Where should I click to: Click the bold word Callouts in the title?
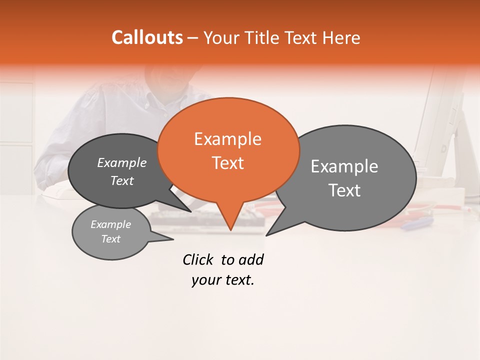click(147, 37)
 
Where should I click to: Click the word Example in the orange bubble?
click(227, 139)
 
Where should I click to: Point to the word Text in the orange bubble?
click(227, 163)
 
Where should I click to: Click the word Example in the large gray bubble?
click(344, 166)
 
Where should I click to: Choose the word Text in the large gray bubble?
click(344, 190)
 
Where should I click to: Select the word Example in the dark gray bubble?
click(121, 163)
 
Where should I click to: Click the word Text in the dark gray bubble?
click(121, 181)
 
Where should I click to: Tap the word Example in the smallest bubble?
click(110, 224)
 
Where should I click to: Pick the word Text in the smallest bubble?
click(110, 239)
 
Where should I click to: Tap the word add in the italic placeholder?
click(251, 259)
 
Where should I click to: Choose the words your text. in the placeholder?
click(223, 280)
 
